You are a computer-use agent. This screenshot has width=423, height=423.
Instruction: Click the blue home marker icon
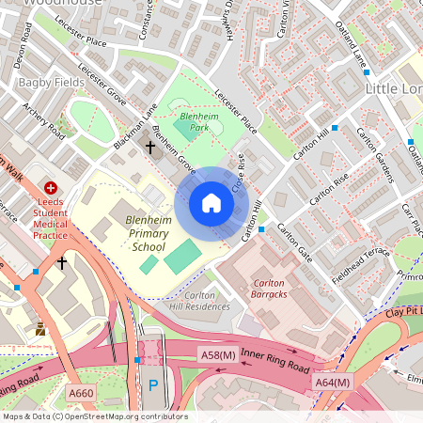pos(211,203)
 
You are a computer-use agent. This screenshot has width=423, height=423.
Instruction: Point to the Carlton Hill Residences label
pos(199,301)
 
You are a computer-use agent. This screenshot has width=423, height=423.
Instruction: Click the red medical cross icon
pos(51,189)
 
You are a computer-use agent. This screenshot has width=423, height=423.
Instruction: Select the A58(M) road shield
pos(217,353)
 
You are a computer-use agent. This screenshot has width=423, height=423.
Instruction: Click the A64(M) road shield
pos(332,383)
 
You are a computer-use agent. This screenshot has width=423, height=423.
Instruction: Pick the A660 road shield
pos(82,393)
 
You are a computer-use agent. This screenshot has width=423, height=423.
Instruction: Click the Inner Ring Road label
pos(274,358)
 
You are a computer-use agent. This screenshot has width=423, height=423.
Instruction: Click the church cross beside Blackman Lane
pos(149,147)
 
